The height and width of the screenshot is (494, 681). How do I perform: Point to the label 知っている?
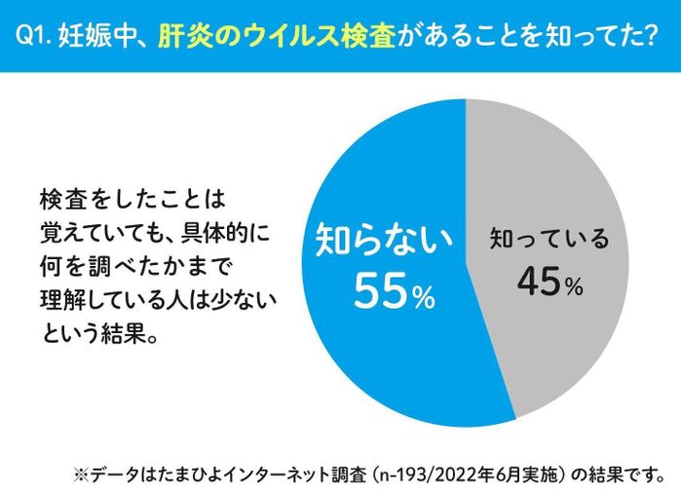click(x=549, y=238)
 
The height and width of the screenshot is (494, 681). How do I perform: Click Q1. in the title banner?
click(x=36, y=36)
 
